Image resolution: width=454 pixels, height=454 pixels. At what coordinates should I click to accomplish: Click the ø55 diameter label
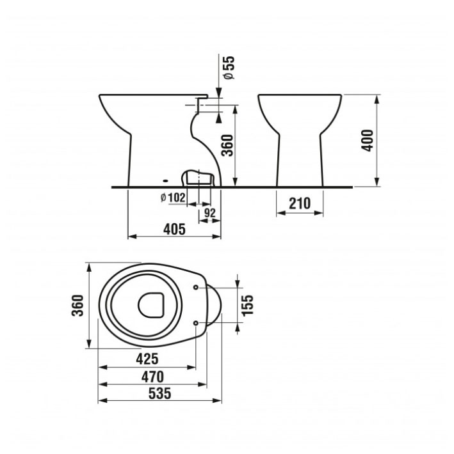[x=229, y=68]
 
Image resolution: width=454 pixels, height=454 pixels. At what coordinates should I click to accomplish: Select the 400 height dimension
[x=367, y=141]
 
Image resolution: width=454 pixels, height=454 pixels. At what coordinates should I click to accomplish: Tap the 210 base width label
[x=300, y=203]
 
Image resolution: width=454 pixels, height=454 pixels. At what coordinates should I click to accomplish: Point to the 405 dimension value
[x=174, y=230]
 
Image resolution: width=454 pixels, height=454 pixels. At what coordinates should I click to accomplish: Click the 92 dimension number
[x=210, y=213]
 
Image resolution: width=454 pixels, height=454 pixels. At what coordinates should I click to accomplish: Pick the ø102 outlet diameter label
[x=173, y=198]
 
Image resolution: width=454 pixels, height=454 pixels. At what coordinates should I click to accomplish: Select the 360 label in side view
[x=227, y=145]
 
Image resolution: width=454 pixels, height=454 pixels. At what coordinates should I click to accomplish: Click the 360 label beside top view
[x=77, y=306]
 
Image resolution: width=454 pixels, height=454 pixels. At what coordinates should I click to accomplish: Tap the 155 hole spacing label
[x=247, y=306]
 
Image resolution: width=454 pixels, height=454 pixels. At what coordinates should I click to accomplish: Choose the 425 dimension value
[x=147, y=359]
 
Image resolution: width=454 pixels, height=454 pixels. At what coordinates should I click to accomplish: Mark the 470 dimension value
[x=152, y=377]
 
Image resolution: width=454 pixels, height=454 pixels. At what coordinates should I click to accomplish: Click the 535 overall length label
[x=159, y=393]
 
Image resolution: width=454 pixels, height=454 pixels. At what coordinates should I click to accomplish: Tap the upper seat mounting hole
[x=196, y=287]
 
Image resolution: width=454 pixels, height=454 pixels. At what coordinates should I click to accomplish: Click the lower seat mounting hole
[x=196, y=323]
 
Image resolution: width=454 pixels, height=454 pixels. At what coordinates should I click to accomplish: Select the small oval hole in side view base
[x=166, y=181]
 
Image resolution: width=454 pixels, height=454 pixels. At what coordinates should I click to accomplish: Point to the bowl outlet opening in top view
[x=150, y=305]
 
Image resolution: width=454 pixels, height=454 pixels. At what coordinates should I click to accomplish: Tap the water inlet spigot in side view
[x=202, y=105]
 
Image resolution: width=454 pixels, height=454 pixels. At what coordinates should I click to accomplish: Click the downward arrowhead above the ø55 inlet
[x=218, y=93]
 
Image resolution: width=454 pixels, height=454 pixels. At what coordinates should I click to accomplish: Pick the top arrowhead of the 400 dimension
[x=377, y=100]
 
